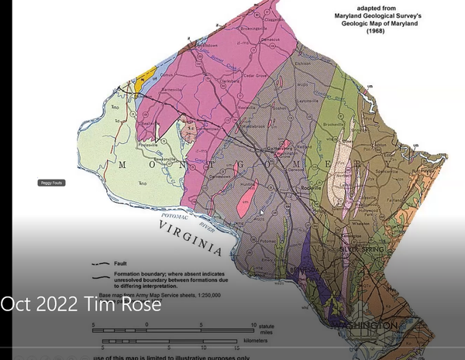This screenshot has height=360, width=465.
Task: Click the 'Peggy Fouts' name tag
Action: click(50, 183)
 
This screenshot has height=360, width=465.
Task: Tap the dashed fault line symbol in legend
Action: click(99, 263)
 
